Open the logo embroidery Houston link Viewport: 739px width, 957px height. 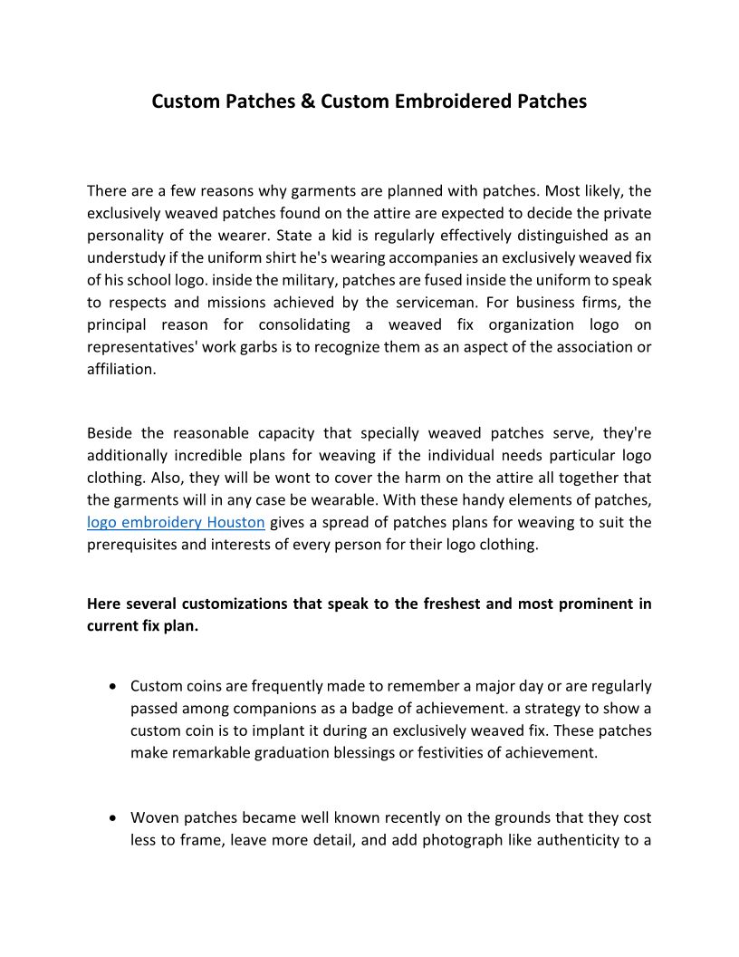click(x=176, y=522)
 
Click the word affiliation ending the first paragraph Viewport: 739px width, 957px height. click(x=121, y=369)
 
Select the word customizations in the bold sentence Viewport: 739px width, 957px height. click(x=234, y=604)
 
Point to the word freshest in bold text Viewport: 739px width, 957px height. click(x=446, y=604)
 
